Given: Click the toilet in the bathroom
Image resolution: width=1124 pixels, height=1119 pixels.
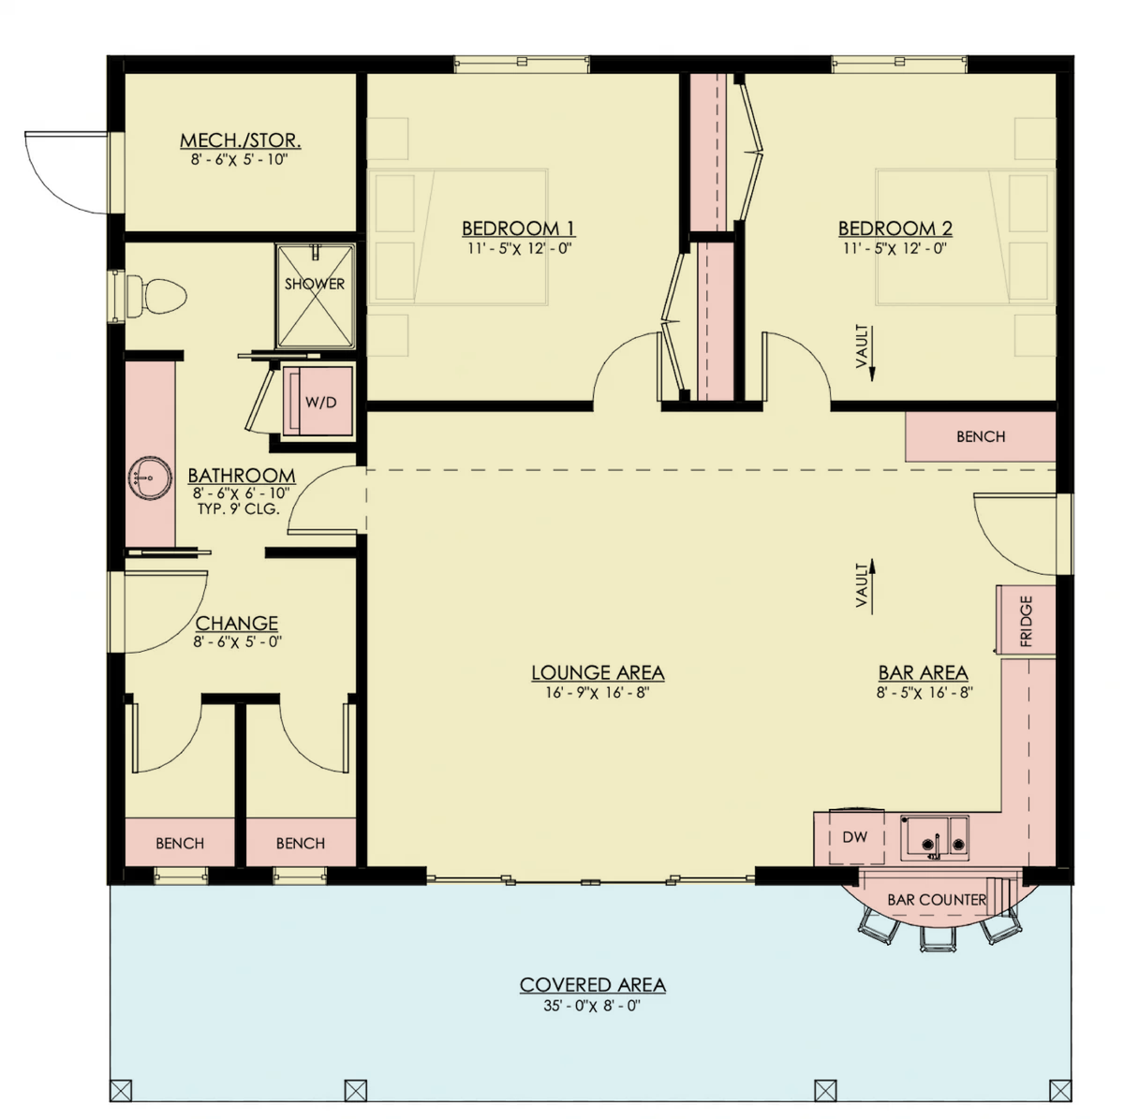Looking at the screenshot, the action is coord(155,296).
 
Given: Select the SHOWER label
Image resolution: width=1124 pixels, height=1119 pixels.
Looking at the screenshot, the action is coord(315,284).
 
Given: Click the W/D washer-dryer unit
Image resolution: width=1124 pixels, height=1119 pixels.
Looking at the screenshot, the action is coord(318,401).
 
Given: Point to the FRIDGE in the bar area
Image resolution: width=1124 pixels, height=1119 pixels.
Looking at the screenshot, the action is coord(1026,621).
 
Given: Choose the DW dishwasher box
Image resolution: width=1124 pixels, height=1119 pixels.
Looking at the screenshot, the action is coord(855,837).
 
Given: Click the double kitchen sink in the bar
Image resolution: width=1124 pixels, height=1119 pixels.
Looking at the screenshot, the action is coord(935,837).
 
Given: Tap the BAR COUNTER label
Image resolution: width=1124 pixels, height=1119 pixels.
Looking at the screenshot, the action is coord(937,900).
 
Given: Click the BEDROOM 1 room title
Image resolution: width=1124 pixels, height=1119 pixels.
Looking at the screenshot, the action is coord(519,228).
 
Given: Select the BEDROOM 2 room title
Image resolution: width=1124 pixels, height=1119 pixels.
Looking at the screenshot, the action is coord(895,228).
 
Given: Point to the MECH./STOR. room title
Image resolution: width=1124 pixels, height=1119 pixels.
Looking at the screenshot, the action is coord(241,140).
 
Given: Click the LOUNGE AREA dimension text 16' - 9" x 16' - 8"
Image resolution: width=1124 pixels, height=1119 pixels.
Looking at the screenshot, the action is coord(598,693).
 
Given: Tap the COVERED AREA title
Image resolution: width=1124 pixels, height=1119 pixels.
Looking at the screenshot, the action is coord(593,985).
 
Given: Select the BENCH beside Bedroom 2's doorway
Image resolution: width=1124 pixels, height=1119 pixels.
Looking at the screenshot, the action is coord(981,436).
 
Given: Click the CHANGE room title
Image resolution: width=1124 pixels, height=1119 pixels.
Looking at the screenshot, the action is coord(237,624).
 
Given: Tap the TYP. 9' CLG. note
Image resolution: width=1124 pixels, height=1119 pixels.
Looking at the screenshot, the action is coord(239,508).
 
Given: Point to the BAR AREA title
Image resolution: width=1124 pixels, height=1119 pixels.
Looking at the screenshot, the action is coord(924,673).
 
